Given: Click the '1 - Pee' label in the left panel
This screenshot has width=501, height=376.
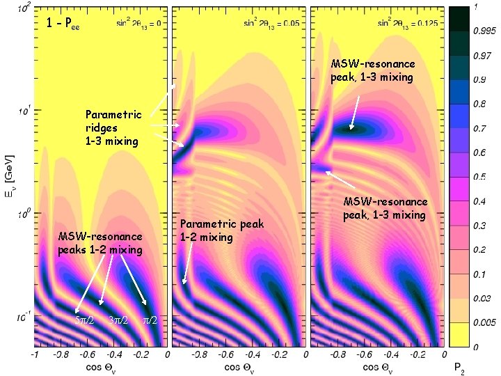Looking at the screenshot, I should [63, 24].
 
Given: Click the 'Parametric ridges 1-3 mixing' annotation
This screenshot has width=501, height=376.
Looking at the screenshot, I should [113, 128].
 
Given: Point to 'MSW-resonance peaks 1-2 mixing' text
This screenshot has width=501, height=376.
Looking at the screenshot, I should [100, 243].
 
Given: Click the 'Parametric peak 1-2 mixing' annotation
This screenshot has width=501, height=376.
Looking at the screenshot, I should [213, 230].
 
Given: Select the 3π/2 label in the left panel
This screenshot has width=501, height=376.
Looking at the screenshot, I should [120, 320].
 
